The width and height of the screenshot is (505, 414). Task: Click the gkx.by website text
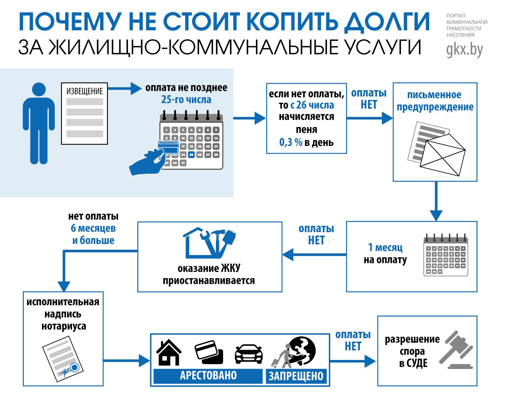465,49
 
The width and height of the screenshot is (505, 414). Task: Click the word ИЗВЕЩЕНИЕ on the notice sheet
84,92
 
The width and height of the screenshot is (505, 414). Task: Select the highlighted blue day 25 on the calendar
191,155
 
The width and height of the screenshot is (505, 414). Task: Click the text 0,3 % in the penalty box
291,143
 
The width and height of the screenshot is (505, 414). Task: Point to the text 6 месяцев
93,228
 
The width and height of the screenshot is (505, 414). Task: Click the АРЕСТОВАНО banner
208,376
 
